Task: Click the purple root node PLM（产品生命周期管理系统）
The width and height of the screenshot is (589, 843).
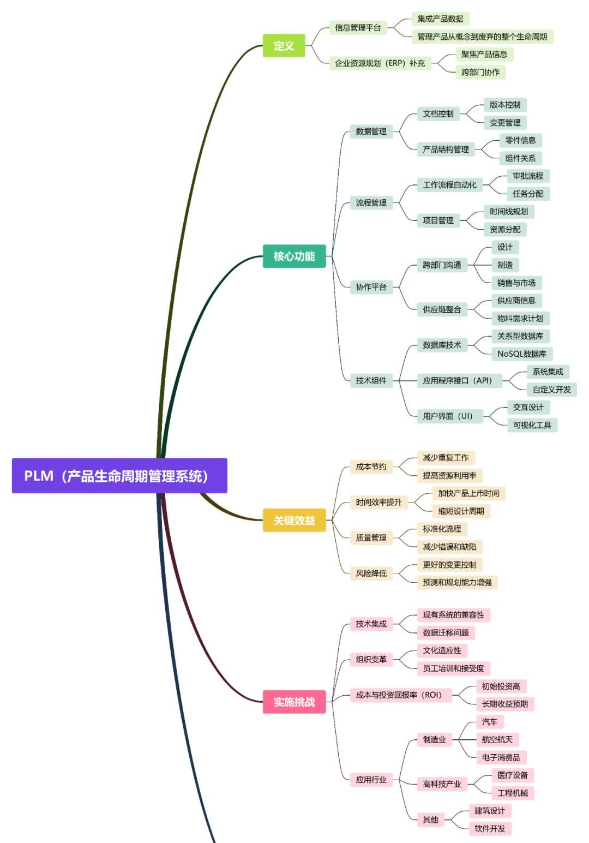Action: point(119,476)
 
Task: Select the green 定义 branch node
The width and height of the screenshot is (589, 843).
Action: point(284,46)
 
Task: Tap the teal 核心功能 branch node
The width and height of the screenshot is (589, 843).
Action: point(294,256)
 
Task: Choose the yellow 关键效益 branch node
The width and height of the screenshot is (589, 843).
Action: point(294,521)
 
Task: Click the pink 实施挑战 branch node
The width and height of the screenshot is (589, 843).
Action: point(294,702)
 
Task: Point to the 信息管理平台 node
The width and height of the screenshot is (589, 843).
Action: point(358,28)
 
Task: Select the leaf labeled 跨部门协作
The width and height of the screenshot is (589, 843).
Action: point(480,72)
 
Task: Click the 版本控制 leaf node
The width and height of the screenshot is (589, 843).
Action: point(504,105)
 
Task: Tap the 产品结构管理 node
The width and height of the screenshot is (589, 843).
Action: point(446,149)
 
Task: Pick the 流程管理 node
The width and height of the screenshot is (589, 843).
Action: point(371,203)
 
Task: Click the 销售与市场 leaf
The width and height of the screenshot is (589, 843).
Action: point(516,283)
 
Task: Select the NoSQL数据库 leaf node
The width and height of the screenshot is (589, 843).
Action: point(521,354)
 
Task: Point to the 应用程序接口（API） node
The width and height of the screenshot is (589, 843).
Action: point(457,381)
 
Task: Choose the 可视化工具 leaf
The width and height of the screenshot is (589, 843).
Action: point(532,425)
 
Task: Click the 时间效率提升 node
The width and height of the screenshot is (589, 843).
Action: point(378,503)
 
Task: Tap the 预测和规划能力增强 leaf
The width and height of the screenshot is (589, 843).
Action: point(457,582)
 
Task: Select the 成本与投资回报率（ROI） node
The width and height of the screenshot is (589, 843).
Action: point(398,695)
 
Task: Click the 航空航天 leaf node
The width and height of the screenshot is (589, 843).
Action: point(497,740)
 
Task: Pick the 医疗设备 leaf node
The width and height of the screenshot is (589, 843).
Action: point(512,775)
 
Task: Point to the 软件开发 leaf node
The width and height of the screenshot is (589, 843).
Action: point(489,829)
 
